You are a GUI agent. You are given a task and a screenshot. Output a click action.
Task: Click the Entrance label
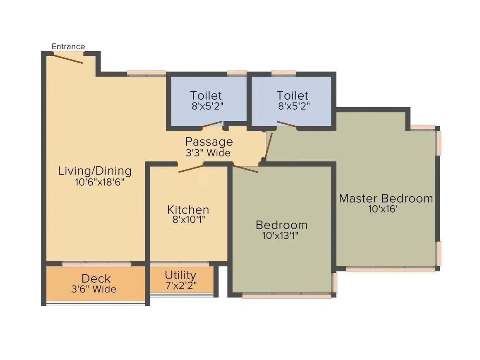tap(68, 46)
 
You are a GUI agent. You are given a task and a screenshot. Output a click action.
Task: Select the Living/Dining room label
tap(95, 170)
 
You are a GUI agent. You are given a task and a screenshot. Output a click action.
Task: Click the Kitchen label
tap(188, 209)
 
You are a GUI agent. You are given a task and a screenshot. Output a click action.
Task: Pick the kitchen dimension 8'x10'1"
tap(189, 220)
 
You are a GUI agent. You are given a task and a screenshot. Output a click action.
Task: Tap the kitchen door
tap(191, 168)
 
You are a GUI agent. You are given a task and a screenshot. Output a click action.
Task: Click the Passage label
tap(209, 142)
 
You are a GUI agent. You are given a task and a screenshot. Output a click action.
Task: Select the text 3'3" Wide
tap(208, 153)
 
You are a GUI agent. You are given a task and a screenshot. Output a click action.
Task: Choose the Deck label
tap(96, 278)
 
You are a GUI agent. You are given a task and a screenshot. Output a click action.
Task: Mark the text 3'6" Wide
tap(94, 289)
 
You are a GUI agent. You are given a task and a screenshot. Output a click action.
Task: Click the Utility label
tap(180, 275)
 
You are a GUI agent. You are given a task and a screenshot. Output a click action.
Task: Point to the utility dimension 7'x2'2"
tap(180, 285)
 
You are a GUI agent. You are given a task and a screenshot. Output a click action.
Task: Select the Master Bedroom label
tap(386, 198)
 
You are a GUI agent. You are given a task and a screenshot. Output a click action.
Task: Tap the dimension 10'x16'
tap(383, 209)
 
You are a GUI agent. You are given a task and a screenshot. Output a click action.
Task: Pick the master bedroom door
tap(269, 146)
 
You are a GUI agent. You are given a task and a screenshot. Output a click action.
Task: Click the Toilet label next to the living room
tap(206, 95)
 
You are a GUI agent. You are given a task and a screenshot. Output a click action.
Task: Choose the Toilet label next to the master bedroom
tap(293, 95)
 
